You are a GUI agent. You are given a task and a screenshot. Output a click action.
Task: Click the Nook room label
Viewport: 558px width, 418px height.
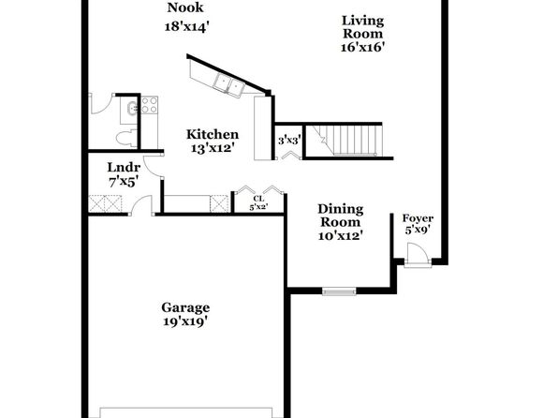click(x=185, y=7)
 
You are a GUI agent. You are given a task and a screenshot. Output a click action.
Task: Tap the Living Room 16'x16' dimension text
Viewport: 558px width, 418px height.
click(x=362, y=47)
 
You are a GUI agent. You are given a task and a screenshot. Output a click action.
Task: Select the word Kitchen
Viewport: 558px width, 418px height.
click(x=213, y=134)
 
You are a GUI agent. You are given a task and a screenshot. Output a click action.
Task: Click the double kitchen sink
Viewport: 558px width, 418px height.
click(x=228, y=84)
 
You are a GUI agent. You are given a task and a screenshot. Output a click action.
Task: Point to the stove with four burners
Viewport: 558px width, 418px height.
click(x=150, y=105)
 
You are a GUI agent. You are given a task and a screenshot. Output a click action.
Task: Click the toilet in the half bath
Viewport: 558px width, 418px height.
click(x=126, y=138)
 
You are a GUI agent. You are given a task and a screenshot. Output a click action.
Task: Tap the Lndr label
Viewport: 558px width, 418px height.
click(x=124, y=167)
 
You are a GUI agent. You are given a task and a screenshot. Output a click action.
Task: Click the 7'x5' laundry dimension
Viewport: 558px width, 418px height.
click(x=124, y=182)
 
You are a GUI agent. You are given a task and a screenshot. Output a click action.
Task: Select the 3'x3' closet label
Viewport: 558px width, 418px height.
click(x=289, y=141)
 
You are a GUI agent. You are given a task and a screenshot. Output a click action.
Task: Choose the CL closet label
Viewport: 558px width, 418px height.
click(x=258, y=199)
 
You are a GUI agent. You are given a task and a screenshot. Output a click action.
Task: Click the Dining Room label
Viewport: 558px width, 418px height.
click(x=341, y=216)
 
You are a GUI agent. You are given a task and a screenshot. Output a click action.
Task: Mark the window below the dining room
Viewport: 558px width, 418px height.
click(x=339, y=291)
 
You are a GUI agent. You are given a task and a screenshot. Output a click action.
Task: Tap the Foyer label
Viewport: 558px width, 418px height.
click(x=418, y=218)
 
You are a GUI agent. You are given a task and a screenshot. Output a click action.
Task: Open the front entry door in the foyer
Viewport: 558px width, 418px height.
click(x=418, y=254)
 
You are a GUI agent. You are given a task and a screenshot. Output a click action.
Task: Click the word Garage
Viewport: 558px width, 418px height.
click(x=185, y=307)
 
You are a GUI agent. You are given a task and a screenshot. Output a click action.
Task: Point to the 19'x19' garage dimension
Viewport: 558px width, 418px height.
click(x=185, y=321)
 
